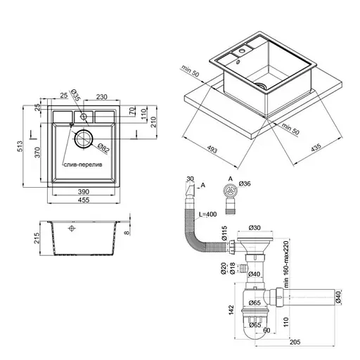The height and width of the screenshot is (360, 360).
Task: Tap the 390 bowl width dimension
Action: pos(83,192)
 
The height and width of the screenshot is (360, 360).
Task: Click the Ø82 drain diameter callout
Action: pos(102,148)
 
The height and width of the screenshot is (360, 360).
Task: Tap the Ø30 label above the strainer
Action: pos(254,227)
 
